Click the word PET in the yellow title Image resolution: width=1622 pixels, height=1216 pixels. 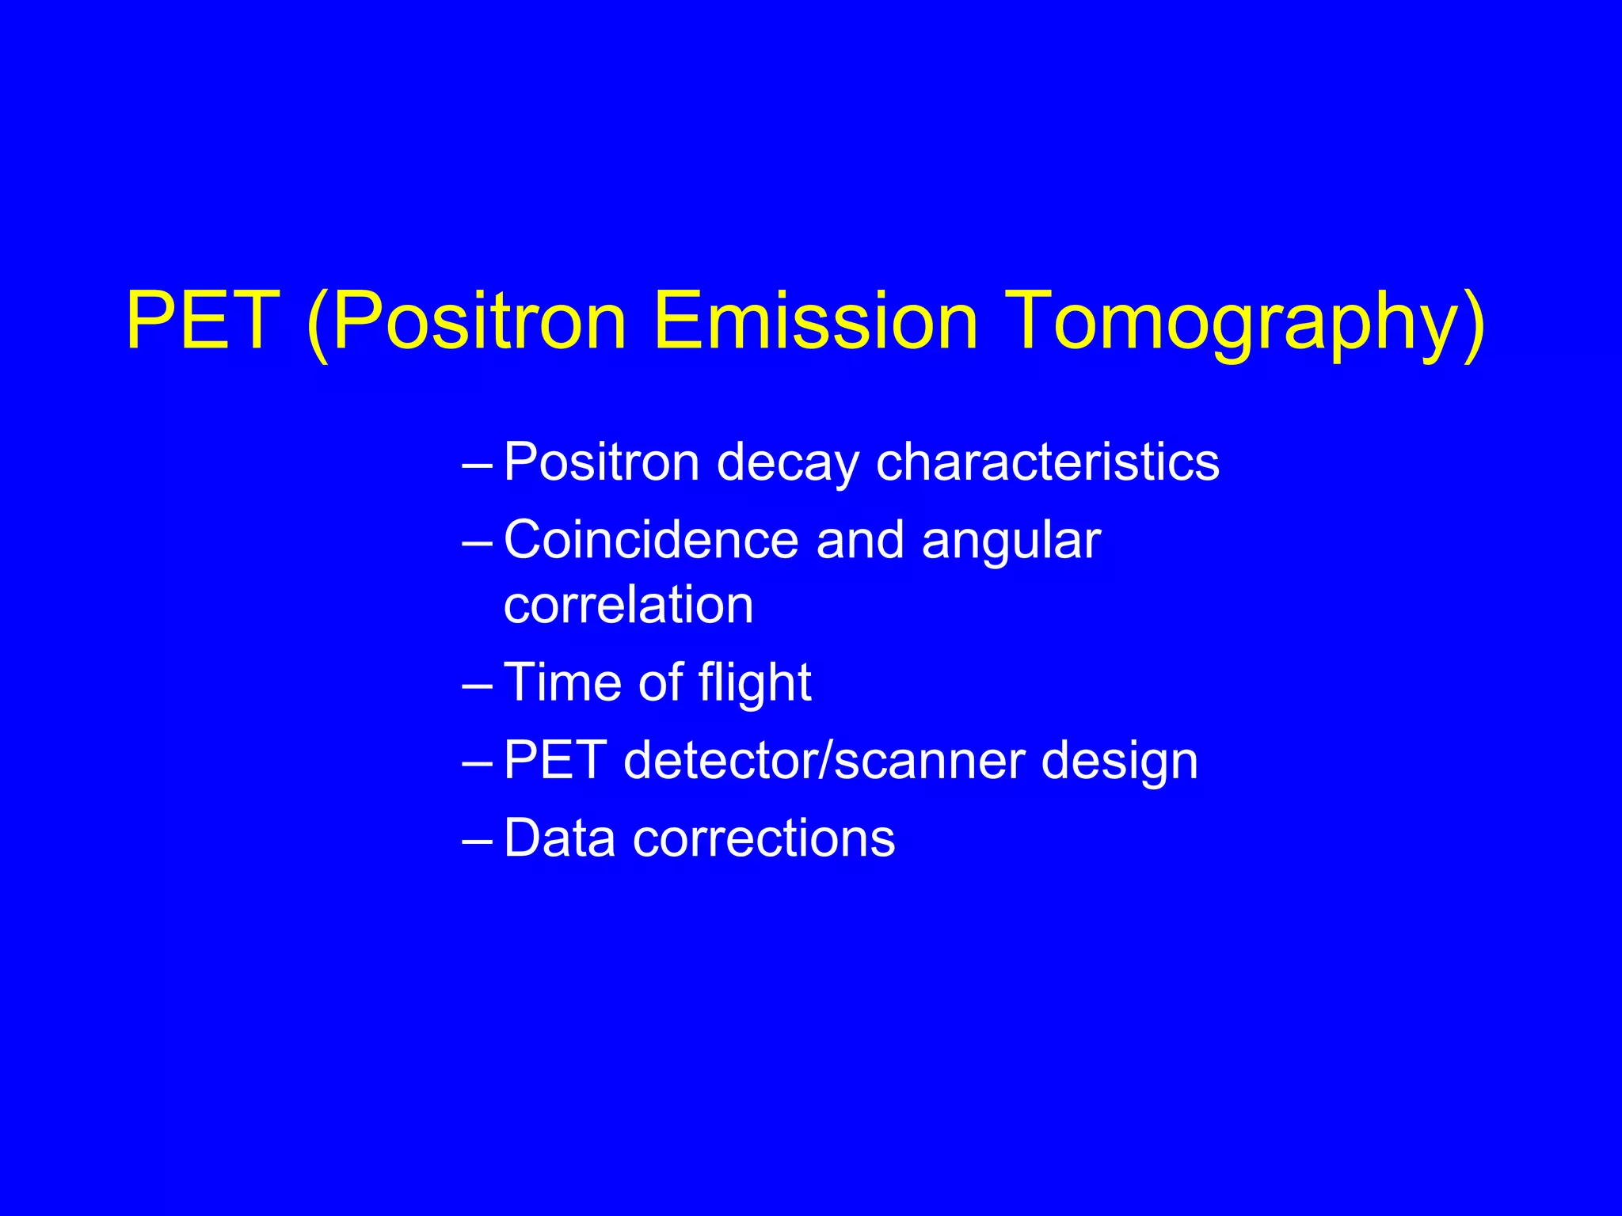203,321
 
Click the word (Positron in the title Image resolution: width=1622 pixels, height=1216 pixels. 467,321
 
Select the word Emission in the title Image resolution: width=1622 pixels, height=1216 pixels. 816,321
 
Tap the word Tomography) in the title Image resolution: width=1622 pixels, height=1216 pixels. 1247,321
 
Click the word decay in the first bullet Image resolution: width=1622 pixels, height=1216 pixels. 787,462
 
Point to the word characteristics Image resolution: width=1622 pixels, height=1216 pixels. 1047,462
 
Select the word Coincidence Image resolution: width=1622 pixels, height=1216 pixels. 651,540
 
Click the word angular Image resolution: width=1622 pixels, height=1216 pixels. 1011,540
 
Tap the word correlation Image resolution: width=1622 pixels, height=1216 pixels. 628,605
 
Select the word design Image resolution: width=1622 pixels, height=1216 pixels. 1119,760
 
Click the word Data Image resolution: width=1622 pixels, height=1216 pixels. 559,838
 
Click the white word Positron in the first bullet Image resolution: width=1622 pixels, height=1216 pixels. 602,462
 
